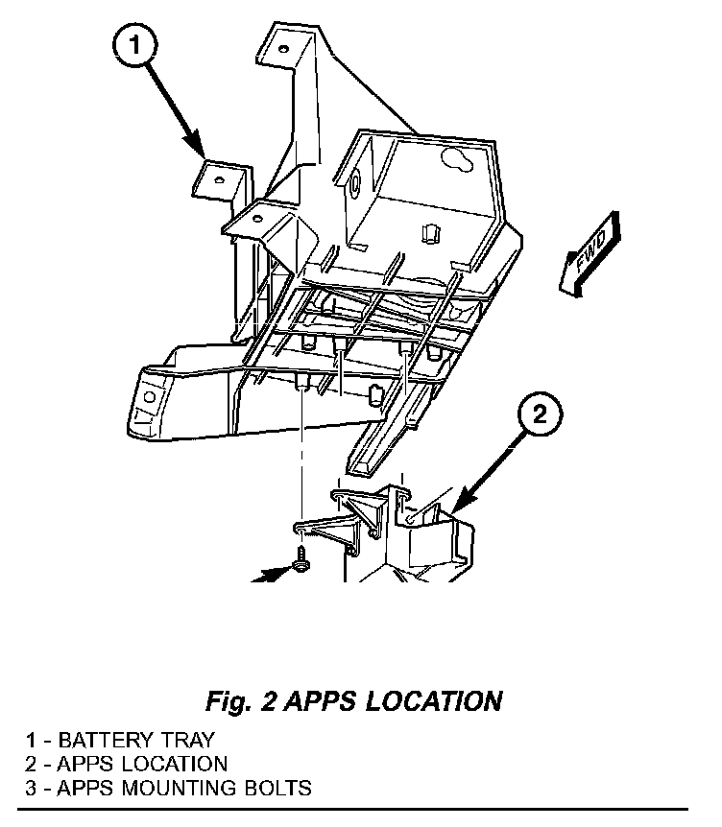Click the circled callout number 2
(x=540, y=414)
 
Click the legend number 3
(x=32, y=789)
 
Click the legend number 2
(x=32, y=765)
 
